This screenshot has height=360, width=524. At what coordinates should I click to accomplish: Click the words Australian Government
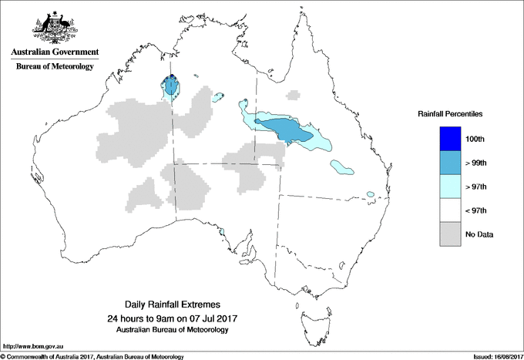click(x=54, y=52)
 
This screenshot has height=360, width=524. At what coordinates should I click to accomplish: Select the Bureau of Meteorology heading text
click(x=54, y=67)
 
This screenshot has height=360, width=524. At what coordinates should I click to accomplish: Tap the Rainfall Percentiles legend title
click(x=450, y=114)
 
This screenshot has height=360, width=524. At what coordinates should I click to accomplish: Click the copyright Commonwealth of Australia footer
click(x=92, y=356)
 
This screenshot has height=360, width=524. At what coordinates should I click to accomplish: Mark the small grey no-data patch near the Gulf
click(x=292, y=96)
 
